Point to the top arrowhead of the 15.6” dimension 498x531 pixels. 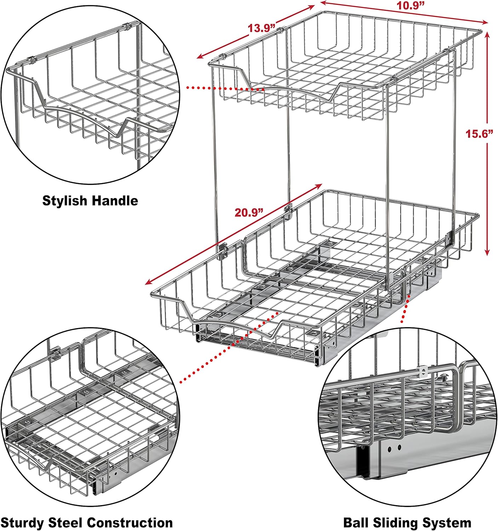coord(487,35)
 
